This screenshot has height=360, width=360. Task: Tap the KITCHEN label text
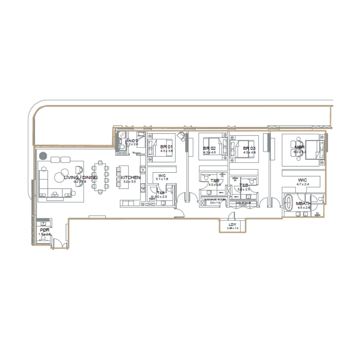130,178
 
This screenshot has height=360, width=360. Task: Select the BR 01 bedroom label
166,147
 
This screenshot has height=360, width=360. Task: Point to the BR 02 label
210,148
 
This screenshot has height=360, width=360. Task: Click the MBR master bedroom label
300,147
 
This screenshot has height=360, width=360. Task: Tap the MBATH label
303,203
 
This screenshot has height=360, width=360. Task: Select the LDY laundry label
232,225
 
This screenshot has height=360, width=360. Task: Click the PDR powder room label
44,230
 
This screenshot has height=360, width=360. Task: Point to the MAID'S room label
131,141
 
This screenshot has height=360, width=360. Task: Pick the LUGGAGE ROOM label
215,199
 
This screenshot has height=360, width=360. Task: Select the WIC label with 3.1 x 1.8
162,175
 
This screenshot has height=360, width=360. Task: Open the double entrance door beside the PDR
59,244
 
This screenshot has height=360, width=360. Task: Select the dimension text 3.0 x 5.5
130,181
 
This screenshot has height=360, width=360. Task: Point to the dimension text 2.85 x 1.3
232,229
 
